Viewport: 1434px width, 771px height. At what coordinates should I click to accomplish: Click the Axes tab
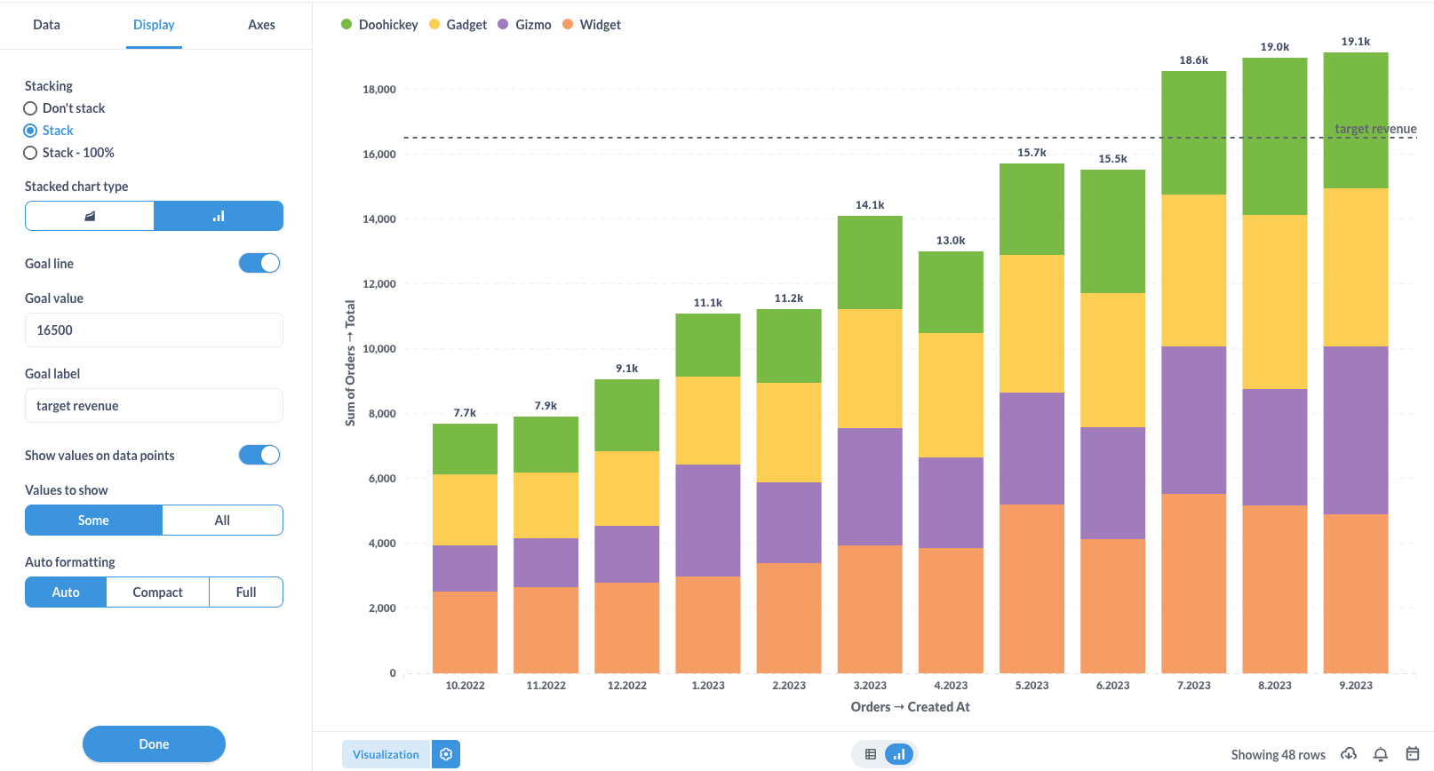261,25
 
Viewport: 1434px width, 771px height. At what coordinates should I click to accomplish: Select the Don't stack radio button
30,108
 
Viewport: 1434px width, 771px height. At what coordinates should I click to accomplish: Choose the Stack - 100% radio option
30,153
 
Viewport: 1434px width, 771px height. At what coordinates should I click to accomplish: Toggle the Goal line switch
259,263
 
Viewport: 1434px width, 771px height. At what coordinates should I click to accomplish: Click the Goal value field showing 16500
154,330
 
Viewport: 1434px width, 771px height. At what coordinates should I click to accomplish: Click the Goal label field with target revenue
154,406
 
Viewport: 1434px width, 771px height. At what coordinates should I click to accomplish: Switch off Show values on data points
259,455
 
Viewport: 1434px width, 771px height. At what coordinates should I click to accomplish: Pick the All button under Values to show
222,521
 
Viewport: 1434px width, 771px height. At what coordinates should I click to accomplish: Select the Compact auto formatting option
157,592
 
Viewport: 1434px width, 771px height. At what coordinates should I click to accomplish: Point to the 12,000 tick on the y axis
379,284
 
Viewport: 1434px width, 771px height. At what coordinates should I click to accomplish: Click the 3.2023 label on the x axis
870,686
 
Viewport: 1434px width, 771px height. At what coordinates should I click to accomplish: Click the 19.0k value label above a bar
1274,47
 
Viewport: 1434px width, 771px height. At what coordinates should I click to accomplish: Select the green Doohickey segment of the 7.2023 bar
1193,133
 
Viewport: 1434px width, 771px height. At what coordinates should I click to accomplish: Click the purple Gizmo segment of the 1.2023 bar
707,521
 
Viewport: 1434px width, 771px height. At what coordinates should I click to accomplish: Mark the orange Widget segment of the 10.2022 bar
465,632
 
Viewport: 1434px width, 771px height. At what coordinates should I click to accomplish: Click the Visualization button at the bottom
386,754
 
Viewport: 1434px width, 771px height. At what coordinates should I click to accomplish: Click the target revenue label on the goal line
1375,129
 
